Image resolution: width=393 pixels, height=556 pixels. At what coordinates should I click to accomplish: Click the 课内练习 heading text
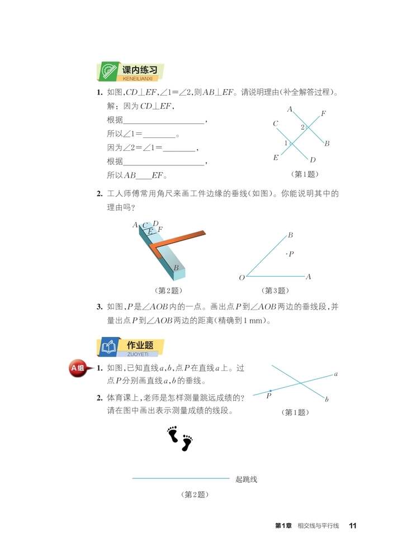coord(139,70)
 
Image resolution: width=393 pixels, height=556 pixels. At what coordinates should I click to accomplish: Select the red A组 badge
coord(78,368)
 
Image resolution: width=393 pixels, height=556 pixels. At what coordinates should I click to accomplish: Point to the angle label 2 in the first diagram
coord(302,127)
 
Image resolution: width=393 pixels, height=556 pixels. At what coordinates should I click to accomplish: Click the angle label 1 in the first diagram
coord(286,144)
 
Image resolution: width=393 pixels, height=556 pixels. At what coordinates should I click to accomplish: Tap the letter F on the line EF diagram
coord(323,114)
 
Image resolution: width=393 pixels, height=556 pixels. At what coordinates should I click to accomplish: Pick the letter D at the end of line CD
coord(312,160)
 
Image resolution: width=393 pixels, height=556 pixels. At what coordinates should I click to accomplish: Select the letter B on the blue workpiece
coord(176,268)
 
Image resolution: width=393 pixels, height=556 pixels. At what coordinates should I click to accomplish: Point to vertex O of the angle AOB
coord(242,278)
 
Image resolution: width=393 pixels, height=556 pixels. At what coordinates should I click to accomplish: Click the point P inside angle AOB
coord(287,254)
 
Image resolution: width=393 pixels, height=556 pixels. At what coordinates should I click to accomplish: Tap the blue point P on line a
coord(271,391)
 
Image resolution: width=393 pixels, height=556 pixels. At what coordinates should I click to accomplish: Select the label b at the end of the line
coord(326,399)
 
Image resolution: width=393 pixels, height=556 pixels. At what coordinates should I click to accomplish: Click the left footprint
coord(173,434)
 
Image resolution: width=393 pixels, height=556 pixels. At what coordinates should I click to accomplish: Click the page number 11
coord(352,526)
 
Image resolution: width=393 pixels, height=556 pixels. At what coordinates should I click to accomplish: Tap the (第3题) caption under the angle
coord(274,291)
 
